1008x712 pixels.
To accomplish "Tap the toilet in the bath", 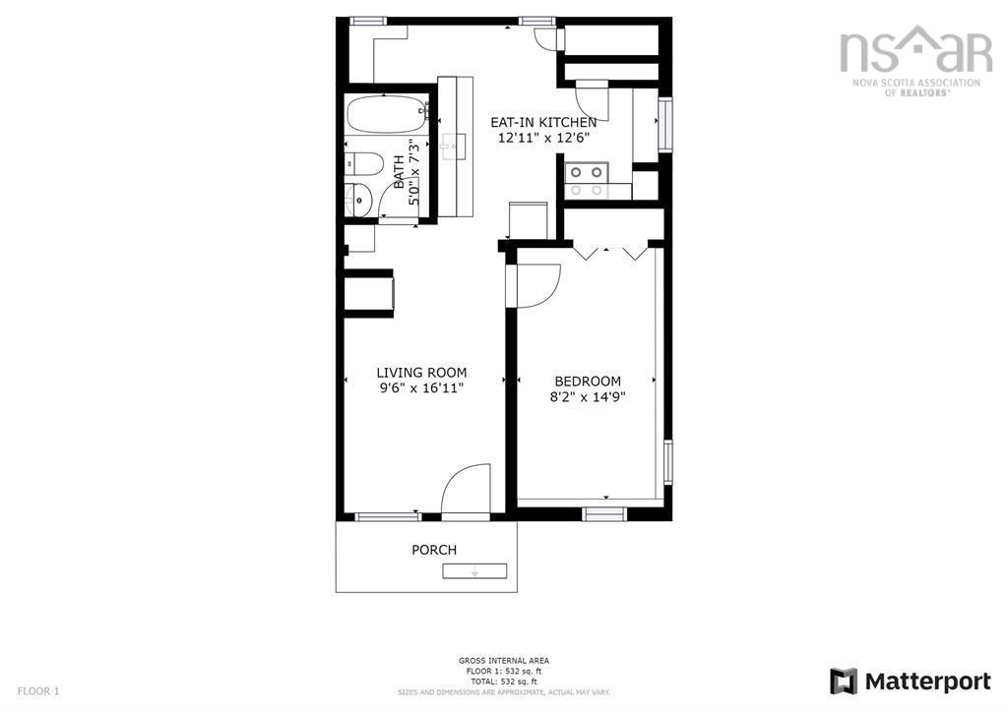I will [365, 164].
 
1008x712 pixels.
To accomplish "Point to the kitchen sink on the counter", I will [454, 146].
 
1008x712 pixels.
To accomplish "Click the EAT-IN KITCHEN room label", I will [543, 122].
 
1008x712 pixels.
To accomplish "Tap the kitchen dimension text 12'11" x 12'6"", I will [543, 138].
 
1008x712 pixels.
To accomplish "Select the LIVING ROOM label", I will [421, 373].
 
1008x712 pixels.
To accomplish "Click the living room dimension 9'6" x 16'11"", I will [421, 388].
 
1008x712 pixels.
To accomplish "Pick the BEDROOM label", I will [588, 382].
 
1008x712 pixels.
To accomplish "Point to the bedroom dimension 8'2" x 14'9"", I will [588, 397].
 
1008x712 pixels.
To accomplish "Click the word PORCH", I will [434, 550].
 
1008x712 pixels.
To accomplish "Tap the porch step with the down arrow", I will [473, 571].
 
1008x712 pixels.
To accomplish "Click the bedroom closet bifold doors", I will [610, 252].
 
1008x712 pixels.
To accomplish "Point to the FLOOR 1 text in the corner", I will [38, 690].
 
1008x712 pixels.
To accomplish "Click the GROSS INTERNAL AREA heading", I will [503, 661].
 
